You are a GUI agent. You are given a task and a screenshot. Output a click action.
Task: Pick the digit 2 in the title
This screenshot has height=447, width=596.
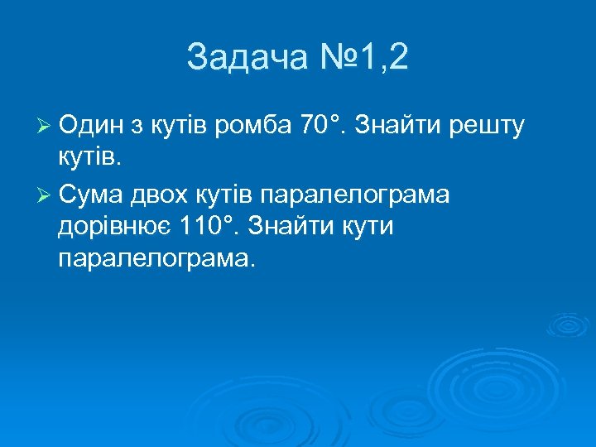[x=397, y=59]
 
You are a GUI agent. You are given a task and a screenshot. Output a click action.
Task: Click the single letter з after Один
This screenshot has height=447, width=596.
[x=136, y=126]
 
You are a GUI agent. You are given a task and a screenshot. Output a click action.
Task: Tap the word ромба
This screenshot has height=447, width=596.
[x=252, y=126]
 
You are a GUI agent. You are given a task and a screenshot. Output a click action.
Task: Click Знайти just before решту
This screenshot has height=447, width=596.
[x=404, y=126]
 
